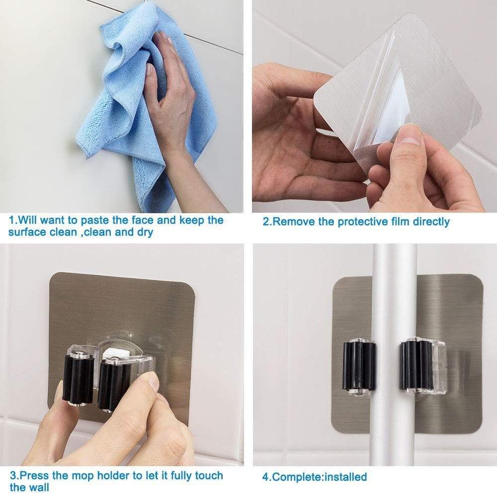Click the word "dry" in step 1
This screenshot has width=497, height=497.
point(145,233)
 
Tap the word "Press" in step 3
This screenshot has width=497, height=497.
point(35,476)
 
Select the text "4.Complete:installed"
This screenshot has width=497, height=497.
point(315,477)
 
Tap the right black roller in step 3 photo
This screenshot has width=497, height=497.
point(112,385)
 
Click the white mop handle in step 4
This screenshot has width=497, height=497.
point(393,355)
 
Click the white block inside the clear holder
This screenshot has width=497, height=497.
point(115,353)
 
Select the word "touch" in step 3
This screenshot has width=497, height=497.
point(209,476)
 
